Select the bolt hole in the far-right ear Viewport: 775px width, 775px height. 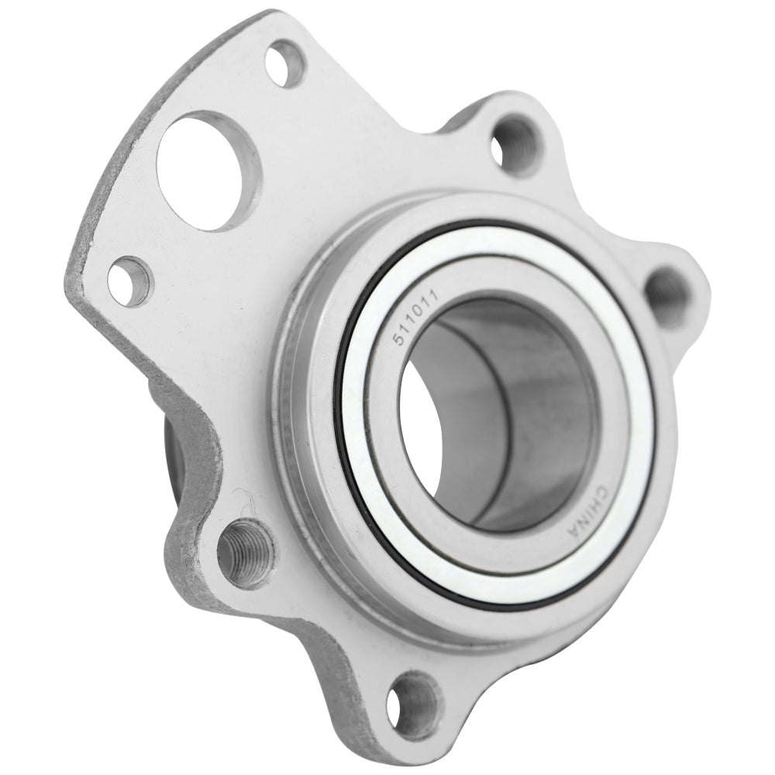[x=663, y=294]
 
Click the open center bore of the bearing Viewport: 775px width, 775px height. [x=496, y=411]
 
